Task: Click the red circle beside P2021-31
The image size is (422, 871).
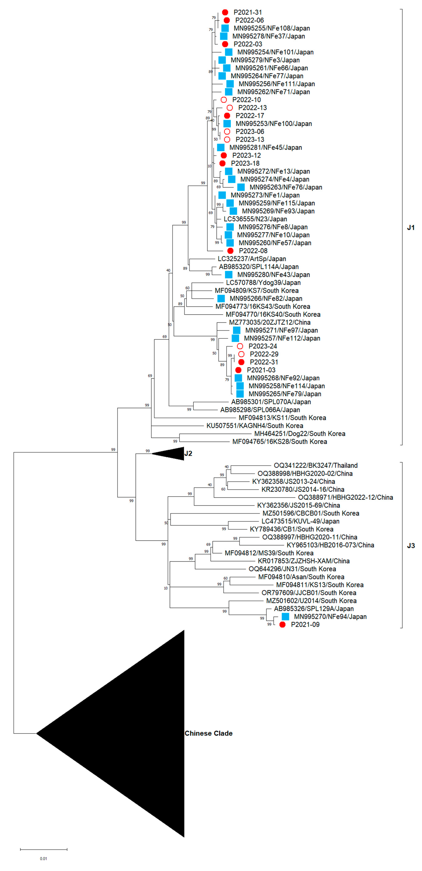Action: point(225,12)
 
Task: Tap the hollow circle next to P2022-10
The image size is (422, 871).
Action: point(223,100)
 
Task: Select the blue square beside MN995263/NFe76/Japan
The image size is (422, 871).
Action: point(241,187)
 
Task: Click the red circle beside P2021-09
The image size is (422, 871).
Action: point(282,625)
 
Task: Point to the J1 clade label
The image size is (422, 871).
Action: point(410,228)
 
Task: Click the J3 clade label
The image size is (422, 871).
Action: point(410,545)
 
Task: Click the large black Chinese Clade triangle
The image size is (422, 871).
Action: point(135,734)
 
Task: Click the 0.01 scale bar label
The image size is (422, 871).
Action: point(43,859)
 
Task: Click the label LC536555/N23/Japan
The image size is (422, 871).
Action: point(255,219)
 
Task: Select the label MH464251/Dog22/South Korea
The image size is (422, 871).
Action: point(300,433)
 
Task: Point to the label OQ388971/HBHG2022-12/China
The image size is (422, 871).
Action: point(345,497)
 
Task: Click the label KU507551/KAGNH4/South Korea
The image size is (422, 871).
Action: point(255,426)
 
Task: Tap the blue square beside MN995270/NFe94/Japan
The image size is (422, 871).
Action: point(285,616)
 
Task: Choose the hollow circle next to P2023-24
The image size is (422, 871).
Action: point(240,346)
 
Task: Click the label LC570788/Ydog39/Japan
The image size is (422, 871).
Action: point(263,283)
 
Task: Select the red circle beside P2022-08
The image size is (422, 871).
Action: point(230,251)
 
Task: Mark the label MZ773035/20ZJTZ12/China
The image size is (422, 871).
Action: point(269,322)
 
